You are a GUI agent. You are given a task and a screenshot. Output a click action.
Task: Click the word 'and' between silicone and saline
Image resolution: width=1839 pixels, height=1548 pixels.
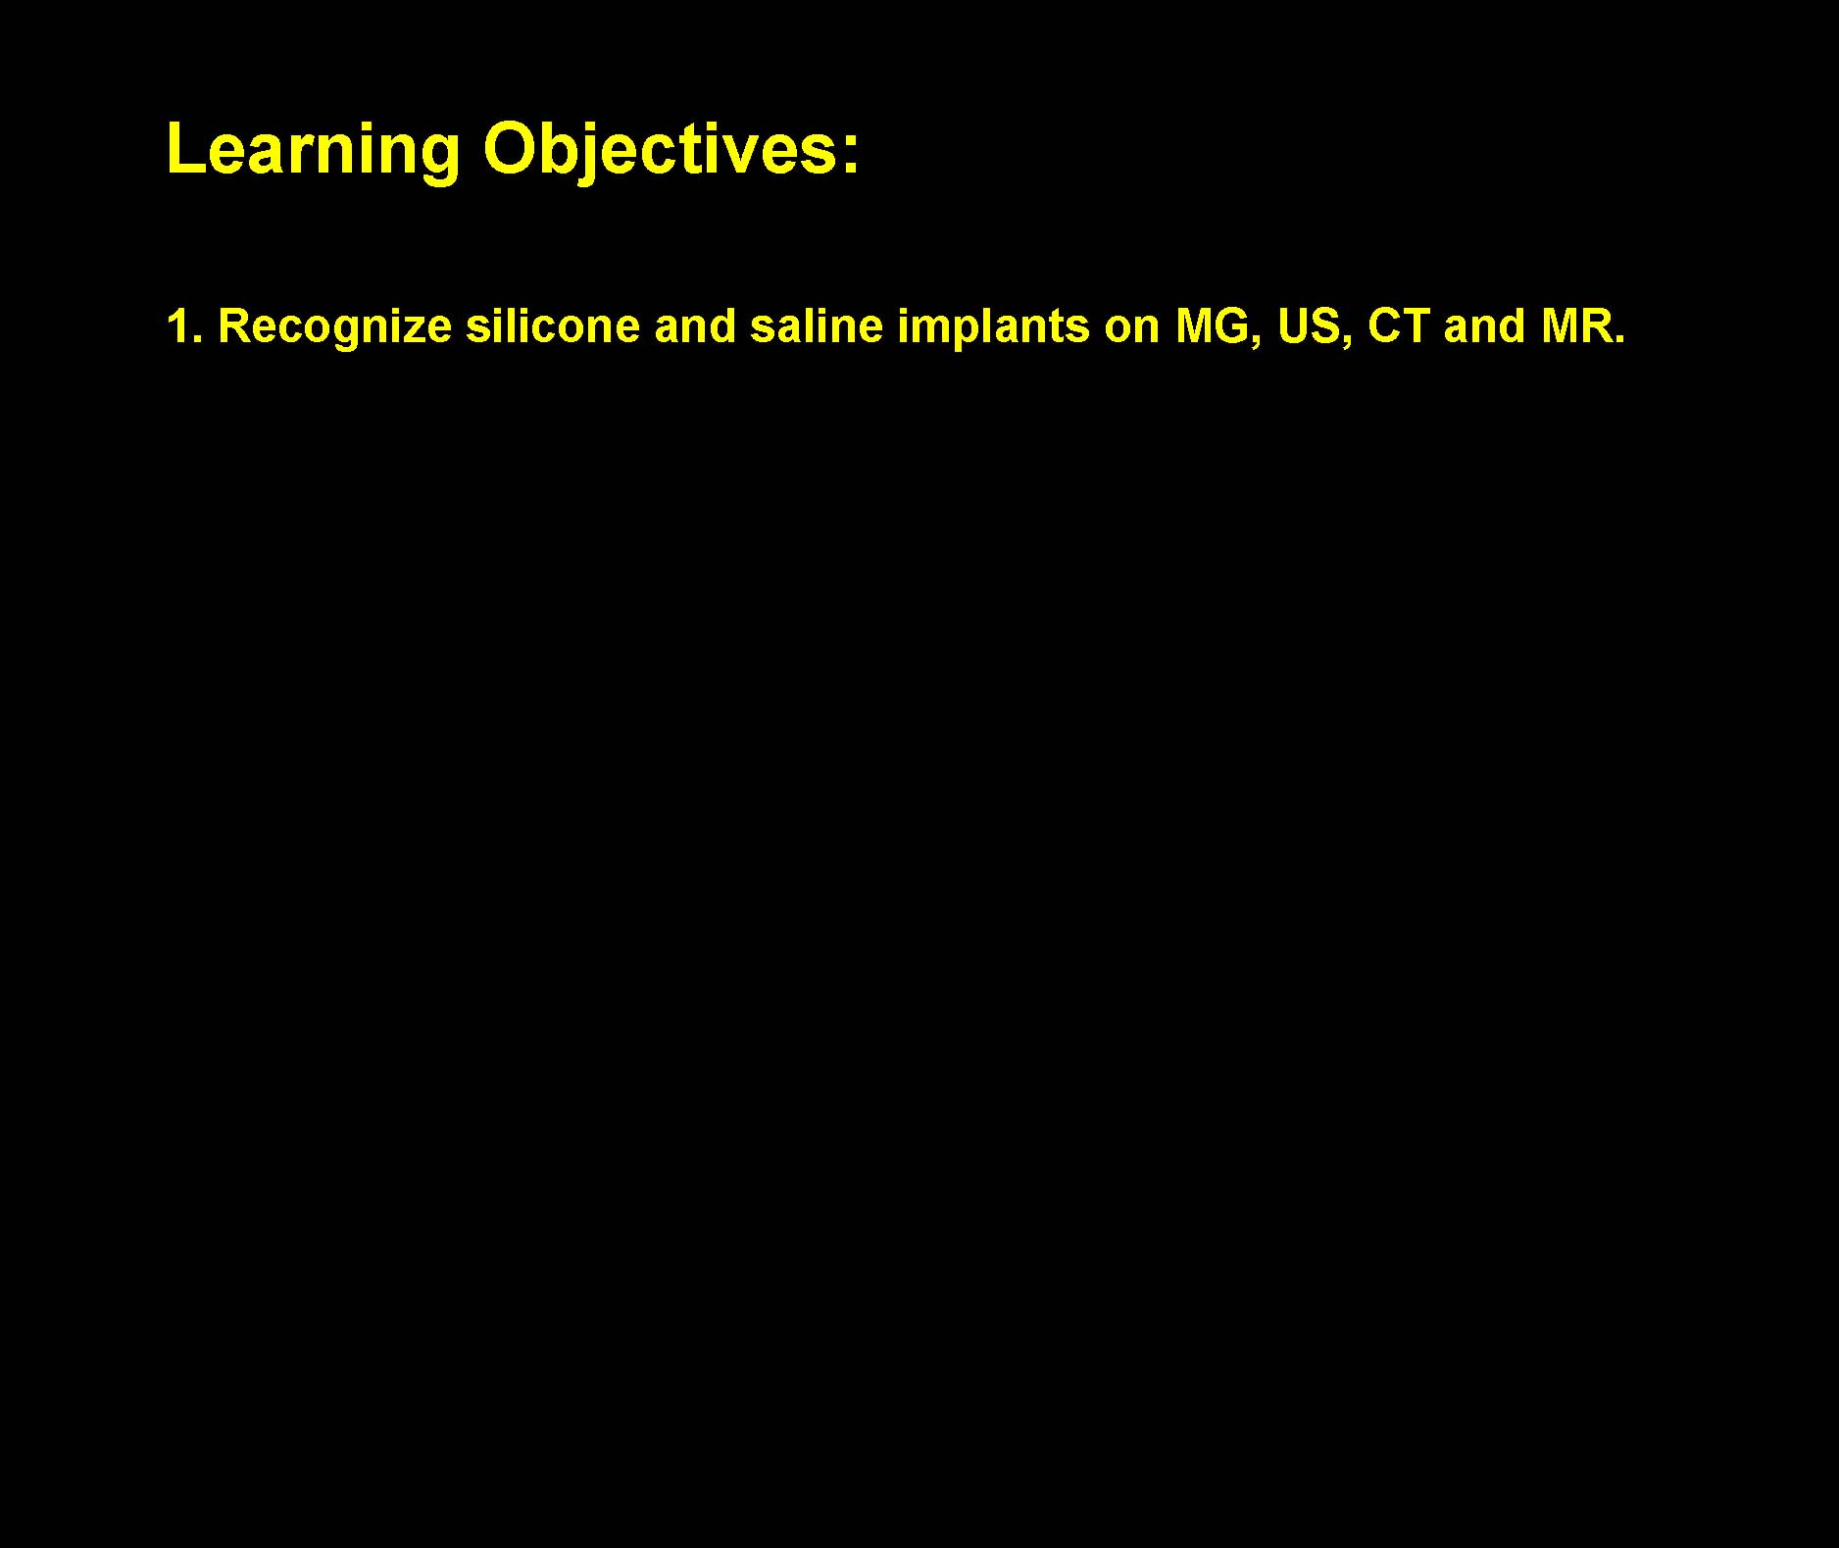[x=695, y=326]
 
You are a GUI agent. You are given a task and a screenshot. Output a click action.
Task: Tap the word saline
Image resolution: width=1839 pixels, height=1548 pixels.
[x=817, y=326]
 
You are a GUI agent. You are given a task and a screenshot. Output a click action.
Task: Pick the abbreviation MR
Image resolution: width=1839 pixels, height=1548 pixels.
[x=1573, y=326]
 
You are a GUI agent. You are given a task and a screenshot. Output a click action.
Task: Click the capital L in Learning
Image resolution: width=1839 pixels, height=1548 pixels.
[x=185, y=149]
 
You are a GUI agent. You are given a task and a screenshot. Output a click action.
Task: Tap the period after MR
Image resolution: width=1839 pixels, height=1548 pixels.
[x=1618, y=339]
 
